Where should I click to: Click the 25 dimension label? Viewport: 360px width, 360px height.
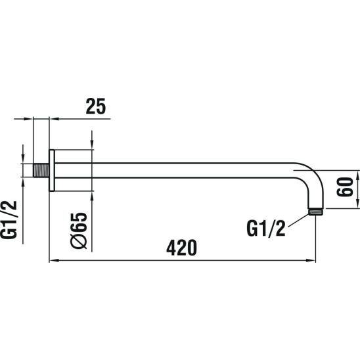(x=96, y=106)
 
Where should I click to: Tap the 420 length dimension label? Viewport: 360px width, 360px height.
(x=181, y=248)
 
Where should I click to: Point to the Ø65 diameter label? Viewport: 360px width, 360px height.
(x=79, y=231)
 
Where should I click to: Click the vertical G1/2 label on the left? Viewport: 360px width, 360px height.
(x=9, y=219)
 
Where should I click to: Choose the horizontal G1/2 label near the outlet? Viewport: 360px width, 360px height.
(x=266, y=228)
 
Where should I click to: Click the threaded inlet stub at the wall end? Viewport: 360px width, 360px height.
(x=41, y=170)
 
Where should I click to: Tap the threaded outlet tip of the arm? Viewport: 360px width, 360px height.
(x=315, y=212)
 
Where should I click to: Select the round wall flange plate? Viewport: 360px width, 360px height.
(x=52, y=170)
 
